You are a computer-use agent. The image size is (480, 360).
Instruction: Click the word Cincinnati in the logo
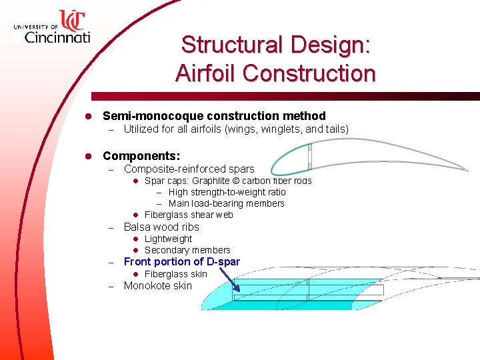point(57,37)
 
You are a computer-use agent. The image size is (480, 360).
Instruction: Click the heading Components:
point(141,155)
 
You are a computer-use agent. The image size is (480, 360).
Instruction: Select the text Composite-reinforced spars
point(189,169)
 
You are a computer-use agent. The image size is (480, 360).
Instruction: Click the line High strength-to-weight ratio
point(227,192)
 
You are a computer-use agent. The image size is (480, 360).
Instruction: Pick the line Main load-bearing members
point(226,203)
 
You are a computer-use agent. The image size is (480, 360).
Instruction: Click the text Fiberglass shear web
point(189,215)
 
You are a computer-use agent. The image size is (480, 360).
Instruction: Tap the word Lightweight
point(168,239)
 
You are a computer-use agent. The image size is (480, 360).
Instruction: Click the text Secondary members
point(187,250)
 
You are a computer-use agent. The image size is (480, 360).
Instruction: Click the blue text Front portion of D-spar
point(181,261)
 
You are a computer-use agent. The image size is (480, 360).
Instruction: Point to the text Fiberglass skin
point(175,274)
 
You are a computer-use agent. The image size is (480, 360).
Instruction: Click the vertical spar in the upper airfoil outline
point(309,157)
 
